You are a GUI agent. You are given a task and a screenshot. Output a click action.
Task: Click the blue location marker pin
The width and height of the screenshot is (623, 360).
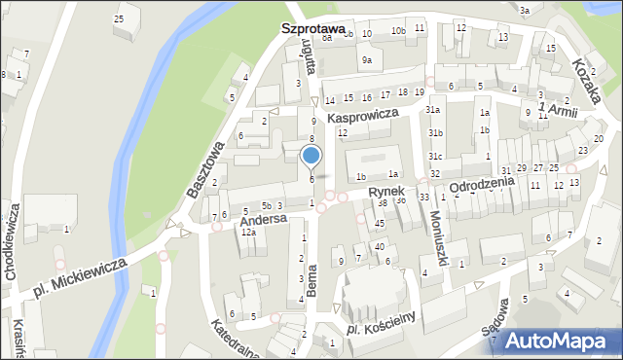coord(311,156)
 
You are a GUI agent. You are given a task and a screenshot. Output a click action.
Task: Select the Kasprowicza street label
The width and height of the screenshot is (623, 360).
coord(364,115)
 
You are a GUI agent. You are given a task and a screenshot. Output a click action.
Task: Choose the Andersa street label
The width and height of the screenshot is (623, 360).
coord(264,220)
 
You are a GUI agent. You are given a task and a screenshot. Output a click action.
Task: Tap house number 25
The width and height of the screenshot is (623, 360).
coord(119,18)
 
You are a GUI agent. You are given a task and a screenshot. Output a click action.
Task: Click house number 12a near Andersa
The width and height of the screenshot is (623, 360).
coord(248,233)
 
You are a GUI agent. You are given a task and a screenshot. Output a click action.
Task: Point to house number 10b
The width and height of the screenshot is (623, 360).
coord(398,31)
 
